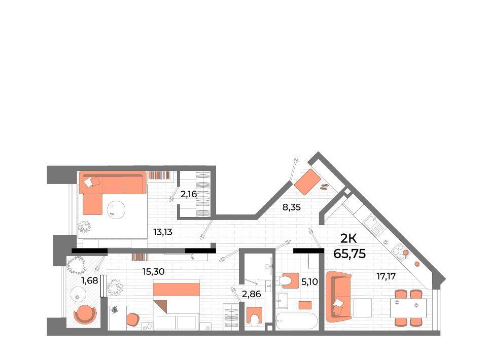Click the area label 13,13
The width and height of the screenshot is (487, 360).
pyautogui.click(x=163, y=232)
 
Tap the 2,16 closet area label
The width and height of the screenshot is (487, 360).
pyautogui.click(x=189, y=194)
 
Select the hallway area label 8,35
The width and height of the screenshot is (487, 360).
pyautogui.click(x=292, y=207)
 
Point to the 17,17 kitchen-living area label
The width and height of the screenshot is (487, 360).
pyautogui.click(x=386, y=276)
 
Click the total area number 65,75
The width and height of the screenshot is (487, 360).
pyautogui.click(x=350, y=254)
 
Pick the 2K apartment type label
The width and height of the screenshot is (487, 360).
pyautogui.click(x=349, y=238)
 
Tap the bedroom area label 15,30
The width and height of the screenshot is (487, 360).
pyautogui.click(x=153, y=272)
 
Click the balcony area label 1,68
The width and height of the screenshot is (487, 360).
pyautogui.click(x=89, y=281)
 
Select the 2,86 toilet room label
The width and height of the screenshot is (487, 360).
pyautogui.click(x=251, y=294)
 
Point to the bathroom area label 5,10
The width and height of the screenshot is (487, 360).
pyautogui.click(x=309, y=282)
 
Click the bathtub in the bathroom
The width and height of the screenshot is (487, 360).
pyautogui.click(x=297, y=321)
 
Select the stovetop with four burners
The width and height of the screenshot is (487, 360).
pyautogui.click(x=400, y=251)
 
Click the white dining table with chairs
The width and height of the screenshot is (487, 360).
pyautogui.click(x=408, y=308)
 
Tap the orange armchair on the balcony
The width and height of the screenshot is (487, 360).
pyautogui.click(x=85, y=314)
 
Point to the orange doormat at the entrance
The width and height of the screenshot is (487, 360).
pyautogui.click(x=307, y=182)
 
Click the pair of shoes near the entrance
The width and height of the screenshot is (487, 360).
pyautogui.click(x=325, y=187)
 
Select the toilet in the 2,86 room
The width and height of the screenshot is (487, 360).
pyautogui.click(x=255, y=317)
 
